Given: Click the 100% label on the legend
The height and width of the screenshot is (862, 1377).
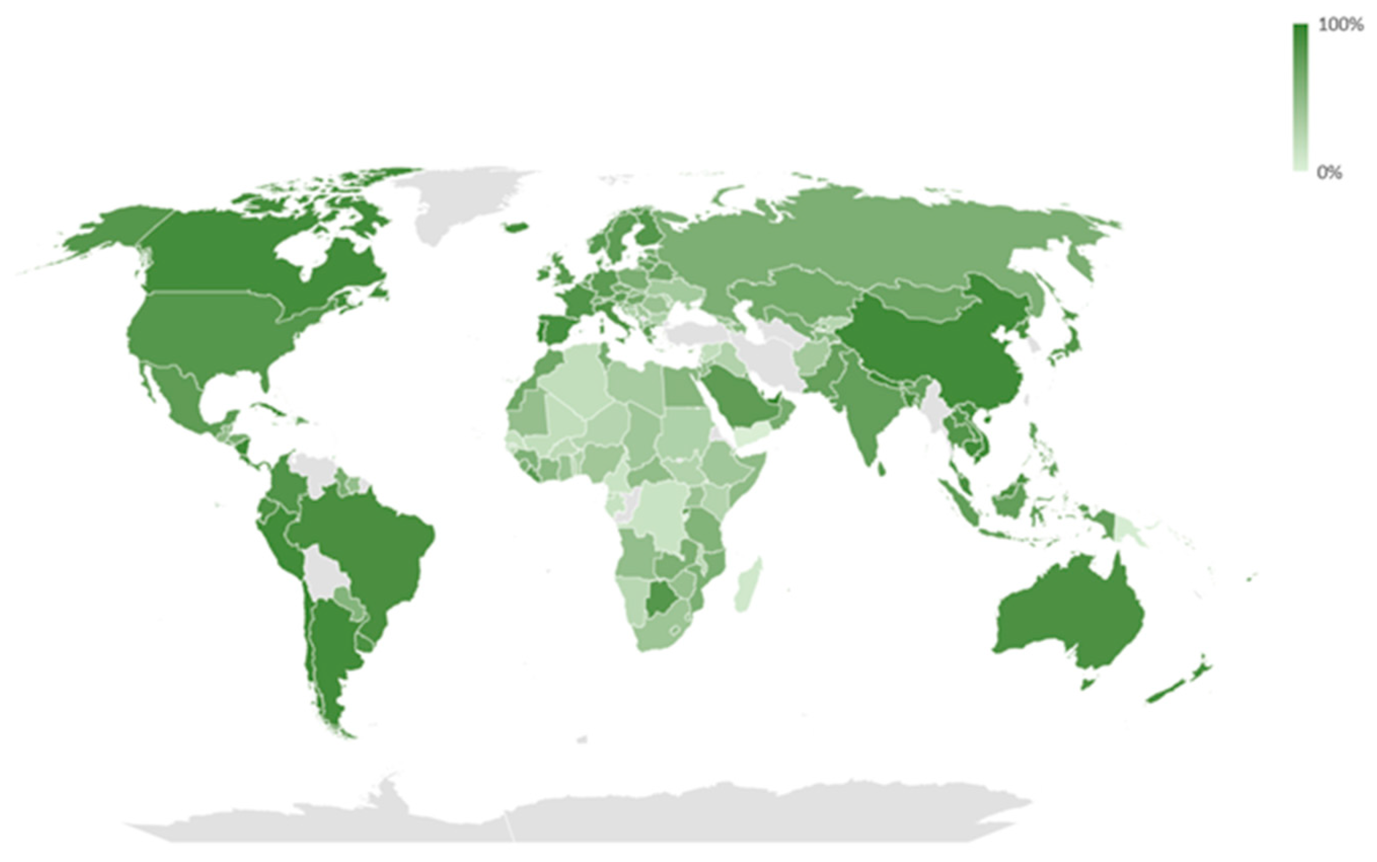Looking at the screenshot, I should click(1341, 24).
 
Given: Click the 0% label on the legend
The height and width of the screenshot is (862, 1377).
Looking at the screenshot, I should click(1329, 172).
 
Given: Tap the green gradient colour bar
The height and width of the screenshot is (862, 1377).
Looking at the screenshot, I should click(1300, 97).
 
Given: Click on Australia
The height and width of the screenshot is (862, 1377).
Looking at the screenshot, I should click(1067, 616).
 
